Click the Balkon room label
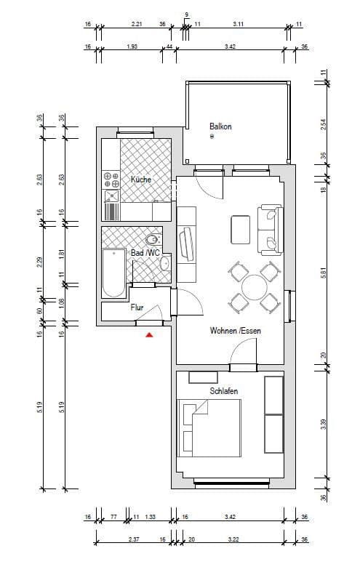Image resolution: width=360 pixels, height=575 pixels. (220, 126)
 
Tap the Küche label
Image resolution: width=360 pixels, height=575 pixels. (140, 179)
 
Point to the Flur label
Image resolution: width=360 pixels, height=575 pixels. (137, 307)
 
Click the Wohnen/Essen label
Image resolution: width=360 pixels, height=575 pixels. (236, 331)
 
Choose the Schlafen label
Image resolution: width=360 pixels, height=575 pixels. (224, 391)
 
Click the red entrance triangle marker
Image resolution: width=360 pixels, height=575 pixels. (149, 334)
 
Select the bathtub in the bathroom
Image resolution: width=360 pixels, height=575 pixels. (113, 273)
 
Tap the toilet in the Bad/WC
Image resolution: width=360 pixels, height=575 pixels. (152, 239)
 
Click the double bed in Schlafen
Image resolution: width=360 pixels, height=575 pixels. (210, 430)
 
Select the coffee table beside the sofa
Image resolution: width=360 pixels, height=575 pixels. (240, 229)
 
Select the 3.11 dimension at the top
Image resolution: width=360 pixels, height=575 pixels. (238, 25)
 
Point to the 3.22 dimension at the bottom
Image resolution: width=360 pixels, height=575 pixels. (233, 539)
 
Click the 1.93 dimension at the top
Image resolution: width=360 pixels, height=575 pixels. (132, 47)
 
